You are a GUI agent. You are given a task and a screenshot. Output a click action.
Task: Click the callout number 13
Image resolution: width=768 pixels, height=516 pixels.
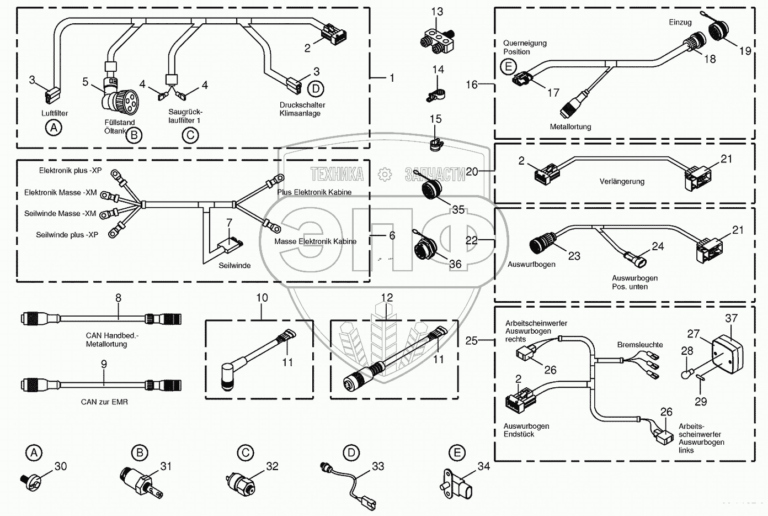tap(437, 12)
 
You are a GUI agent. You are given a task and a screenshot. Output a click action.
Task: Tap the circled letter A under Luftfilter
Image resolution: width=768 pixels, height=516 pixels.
tap(54, 128)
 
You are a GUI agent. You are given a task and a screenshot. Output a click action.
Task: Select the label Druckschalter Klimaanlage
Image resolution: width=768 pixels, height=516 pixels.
tap(302, 109)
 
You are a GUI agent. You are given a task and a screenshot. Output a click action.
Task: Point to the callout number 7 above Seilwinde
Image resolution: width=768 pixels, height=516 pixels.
tap(229, 223)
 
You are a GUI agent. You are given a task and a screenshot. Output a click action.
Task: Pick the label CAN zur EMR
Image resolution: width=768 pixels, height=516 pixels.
tap(104, 402)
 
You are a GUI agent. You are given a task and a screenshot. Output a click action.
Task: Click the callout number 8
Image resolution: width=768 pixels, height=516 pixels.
tap(118, 298)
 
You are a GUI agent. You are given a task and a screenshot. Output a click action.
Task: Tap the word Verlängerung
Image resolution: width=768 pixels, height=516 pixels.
tap(622, 181)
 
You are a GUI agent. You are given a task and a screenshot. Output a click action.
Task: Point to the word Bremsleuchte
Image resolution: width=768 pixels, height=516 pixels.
tap(640, 344)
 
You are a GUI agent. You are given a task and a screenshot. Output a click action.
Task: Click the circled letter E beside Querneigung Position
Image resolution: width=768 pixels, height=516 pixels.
tap(508, 66)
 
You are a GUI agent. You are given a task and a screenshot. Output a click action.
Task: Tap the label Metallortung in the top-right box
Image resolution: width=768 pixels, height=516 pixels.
tap(570, 127)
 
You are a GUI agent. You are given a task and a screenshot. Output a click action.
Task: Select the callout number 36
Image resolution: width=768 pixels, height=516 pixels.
tap(455, 264)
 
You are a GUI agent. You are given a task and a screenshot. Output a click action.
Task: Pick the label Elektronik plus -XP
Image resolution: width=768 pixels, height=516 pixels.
tap(70, 171)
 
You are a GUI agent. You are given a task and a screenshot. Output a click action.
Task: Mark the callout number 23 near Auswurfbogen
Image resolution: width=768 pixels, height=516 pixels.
tap(574, 256)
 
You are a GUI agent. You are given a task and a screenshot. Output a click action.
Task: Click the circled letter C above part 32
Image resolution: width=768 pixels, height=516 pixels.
tap(245, 453)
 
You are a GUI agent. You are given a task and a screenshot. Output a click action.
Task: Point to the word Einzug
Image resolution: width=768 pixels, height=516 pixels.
tap(680, 22)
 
